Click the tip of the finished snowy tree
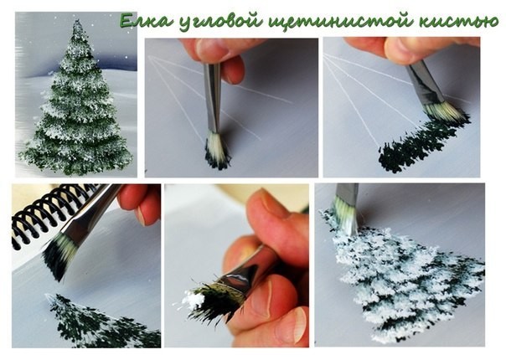tap(77, 21)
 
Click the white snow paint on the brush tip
tap(193, 298)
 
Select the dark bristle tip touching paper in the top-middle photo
tap(217, 161)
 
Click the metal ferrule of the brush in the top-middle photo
tap(212, 97)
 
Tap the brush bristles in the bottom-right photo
tap(346, 215)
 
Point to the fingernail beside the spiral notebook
tap(140, 215)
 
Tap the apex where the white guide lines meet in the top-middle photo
tap(148, 56)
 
